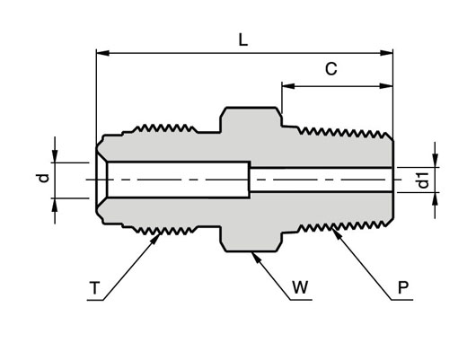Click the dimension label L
pyautogui.click(x=243, y=40)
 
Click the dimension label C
pyautogui.click(x=331, y=69)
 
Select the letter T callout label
pyautogui.click(x=94, y=288)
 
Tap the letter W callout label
pyautogui.click(x=300, y=287)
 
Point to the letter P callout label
pyautogui.click(x=403, y=287)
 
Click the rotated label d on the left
pyautogui.click(x=44, y=179)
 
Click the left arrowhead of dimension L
pyautogui.click(x=102, y=53)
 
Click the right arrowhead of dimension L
pyautogui.click(x=386, y=53)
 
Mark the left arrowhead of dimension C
pyautogui.click(x=288, y=86)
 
